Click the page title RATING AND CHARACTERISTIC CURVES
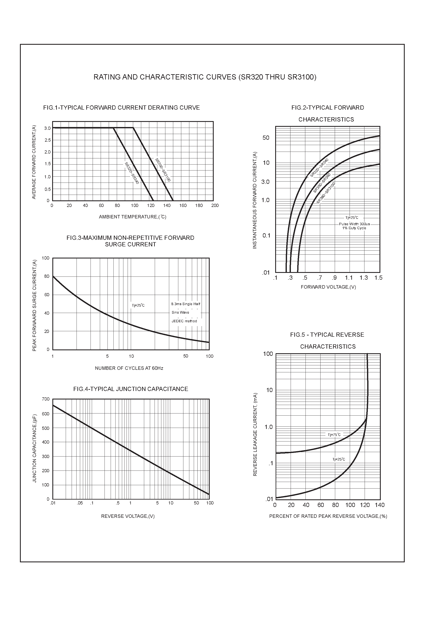point(205,77)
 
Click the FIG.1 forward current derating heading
point(121,108)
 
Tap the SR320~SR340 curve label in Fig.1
point(132,173)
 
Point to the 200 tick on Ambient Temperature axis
point(215,205)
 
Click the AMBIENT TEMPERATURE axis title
point(132,217)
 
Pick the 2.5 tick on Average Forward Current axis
point(47,140)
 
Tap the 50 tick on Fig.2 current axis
point(266,138)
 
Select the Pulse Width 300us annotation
point(354,224)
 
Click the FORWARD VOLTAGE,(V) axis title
point(328,287)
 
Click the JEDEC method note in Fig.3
point(184,321)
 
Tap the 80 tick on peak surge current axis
point(47,276)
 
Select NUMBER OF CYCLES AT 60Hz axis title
point(129,368)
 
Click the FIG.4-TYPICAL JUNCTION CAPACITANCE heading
point(131,389)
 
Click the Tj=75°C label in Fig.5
point(334,435)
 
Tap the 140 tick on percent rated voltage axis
point(380,505)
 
